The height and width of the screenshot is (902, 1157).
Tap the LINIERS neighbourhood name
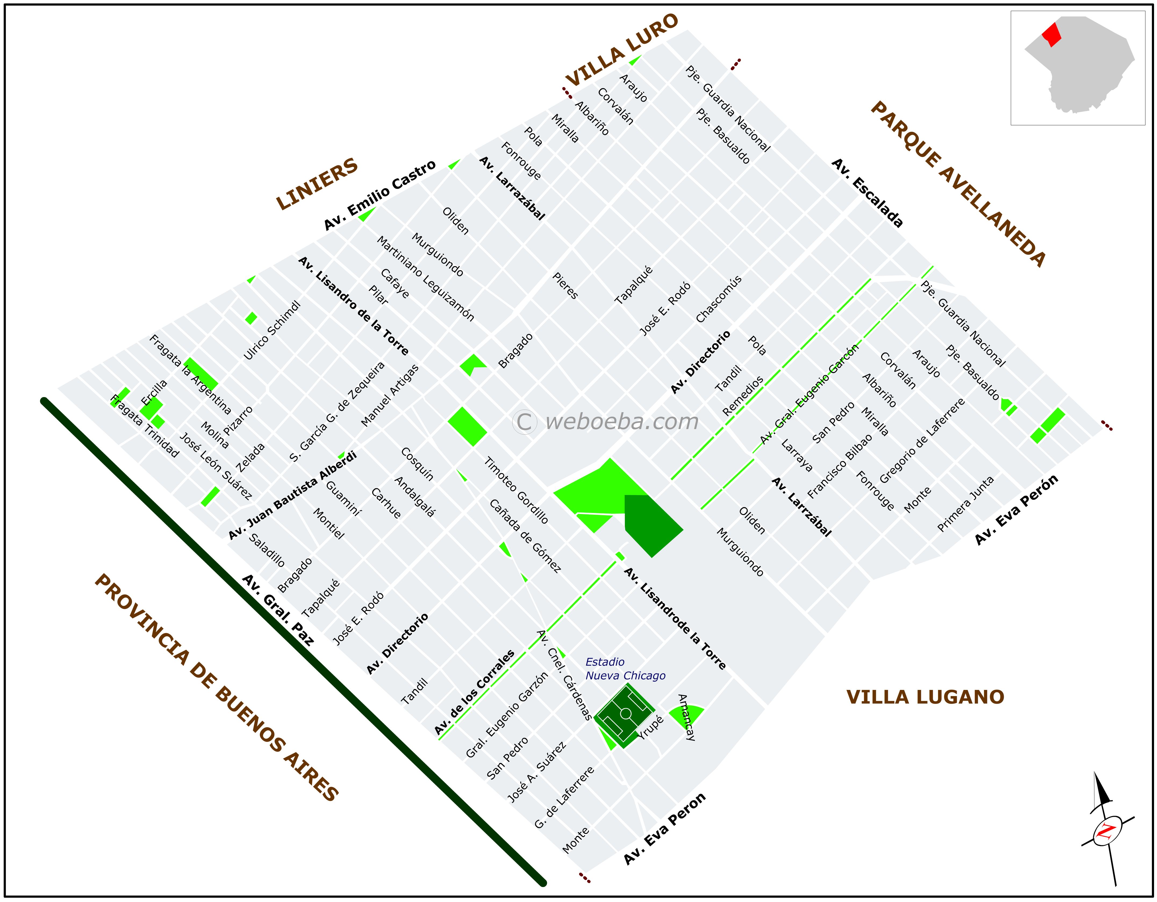pyautogui.click(x=317, y=183)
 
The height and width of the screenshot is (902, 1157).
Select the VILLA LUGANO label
pyautogui.click(x=925, y=697)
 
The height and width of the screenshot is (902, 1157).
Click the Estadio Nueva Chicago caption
pyautogui.click(x=625, y=669)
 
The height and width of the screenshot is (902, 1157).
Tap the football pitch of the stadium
pyautogui.click(x=625, y=714)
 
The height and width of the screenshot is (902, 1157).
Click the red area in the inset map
pyautogui.click(x=1052, y=34)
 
